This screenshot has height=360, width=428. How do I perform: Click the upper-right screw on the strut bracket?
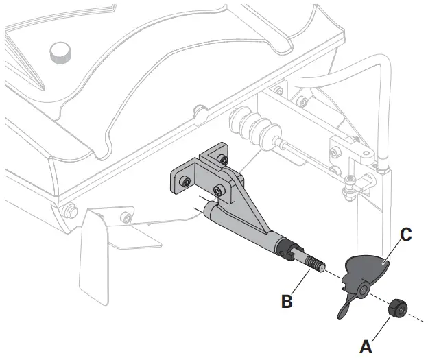click(222, 160)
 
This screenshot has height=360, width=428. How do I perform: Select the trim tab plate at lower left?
click(96, 254)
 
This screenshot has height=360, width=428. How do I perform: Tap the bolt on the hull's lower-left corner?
click(69, 208)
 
